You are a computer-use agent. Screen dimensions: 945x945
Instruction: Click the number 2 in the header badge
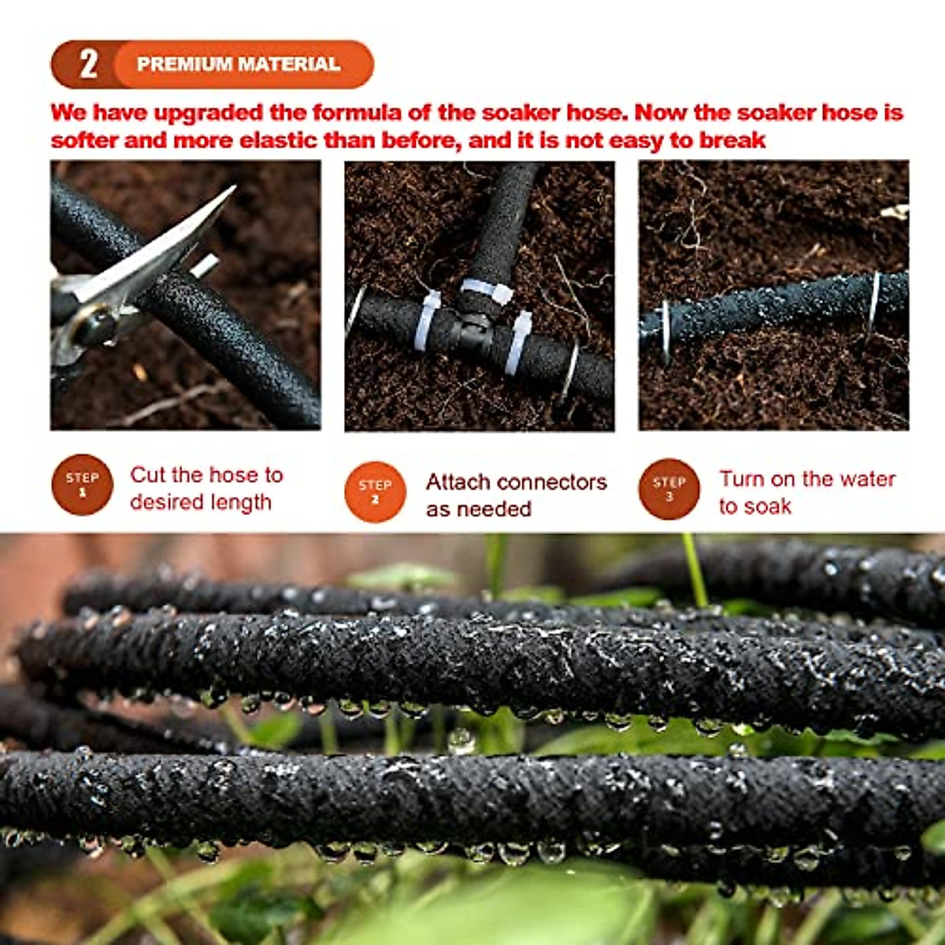click(88, 64)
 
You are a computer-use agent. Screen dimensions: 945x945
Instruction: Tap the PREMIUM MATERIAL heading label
click(238, 64)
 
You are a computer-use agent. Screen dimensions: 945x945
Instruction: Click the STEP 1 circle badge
click(83, 485)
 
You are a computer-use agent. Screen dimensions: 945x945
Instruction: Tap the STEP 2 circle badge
click(375, 491)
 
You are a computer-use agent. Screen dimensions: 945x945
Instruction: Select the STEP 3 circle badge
click(669, 489)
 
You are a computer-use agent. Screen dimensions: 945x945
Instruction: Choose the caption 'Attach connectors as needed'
click(516, 495)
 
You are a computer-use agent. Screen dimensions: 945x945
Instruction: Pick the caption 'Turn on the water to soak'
click(806, 492)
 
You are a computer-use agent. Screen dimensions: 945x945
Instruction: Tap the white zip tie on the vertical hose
click(486, 291)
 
